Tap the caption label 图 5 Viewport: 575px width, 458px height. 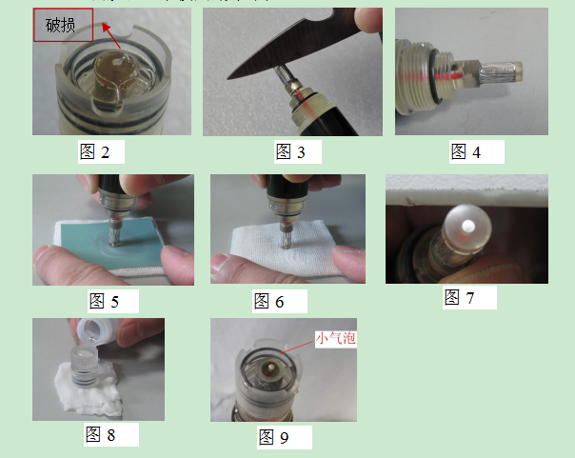coord(104,302)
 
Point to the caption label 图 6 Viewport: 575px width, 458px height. coord(268,302)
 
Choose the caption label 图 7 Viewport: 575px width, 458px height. coord(459,297)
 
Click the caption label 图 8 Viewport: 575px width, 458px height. coord(100,434)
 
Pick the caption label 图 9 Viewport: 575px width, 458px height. coord(272,438)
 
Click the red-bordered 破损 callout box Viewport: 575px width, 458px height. coord(63,26)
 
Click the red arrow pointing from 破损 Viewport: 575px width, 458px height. coord(109,39)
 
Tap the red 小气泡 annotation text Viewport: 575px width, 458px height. coord(335,338)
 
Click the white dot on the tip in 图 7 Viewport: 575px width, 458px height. coord(467,227)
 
